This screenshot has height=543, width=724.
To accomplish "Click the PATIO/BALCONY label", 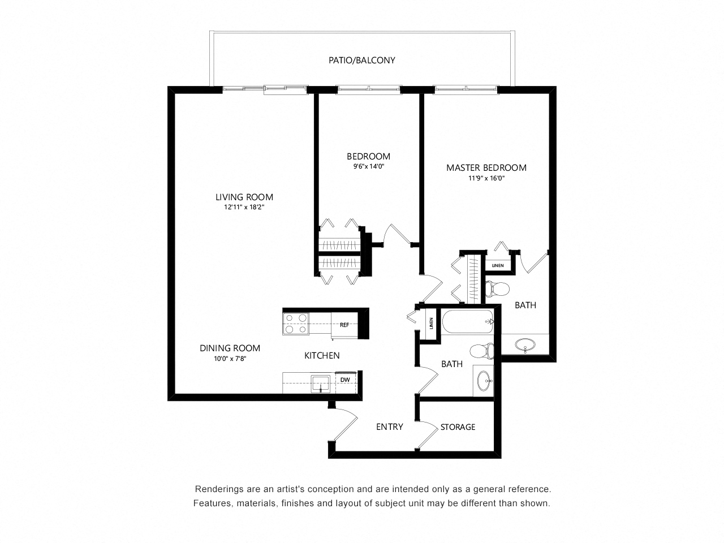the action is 361,61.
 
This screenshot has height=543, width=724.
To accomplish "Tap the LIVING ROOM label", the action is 244,197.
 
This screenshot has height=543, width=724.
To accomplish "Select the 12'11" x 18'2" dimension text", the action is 244,207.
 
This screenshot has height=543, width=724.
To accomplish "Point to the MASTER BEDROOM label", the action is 486,168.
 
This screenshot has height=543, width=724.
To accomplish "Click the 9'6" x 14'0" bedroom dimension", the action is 369,166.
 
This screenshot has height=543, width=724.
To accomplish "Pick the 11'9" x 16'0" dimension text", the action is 486,178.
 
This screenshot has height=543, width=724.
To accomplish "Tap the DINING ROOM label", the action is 230,348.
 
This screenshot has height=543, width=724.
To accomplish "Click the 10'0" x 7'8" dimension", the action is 230,359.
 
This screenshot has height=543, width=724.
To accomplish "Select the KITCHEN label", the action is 322,355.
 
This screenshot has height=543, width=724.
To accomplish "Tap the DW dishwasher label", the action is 345,380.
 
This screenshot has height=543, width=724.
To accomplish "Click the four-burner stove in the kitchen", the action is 296,324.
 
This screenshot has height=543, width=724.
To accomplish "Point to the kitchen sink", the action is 320,383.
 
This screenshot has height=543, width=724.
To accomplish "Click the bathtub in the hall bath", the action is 467,321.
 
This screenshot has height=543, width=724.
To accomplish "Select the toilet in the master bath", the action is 497,290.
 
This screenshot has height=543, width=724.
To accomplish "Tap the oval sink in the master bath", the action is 525,344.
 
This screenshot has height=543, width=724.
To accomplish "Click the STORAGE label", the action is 458,427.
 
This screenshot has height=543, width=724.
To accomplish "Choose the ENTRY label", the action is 390,426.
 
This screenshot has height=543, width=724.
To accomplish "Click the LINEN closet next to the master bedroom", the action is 498,265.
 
